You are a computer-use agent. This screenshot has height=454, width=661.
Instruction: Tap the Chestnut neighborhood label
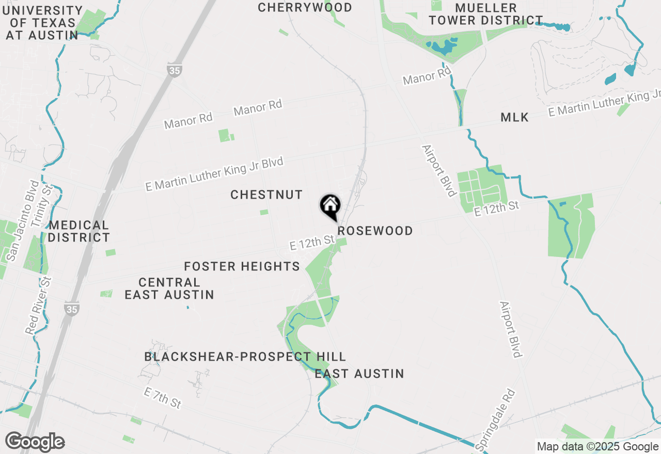tap(266, 195)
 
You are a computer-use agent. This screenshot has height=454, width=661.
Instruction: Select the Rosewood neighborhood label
tap(375, 231)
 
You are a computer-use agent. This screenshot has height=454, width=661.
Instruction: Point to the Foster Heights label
tap(242, 267)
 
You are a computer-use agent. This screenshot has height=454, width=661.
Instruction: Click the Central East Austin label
tap(169, 288)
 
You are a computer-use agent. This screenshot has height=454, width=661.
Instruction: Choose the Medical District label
tap(79, 231)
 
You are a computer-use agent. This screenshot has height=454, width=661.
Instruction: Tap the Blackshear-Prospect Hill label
tap(245, 357)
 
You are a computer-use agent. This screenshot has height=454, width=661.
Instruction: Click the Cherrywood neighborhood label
tap(305, 8)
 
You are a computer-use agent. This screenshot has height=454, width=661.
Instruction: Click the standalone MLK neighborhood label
tap(514, 118)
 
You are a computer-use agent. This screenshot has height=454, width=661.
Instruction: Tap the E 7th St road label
tap(162, 398)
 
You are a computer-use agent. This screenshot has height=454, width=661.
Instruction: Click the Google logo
tap(35, 442)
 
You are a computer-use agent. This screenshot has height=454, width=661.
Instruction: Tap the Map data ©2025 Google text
tap(597, 447)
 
